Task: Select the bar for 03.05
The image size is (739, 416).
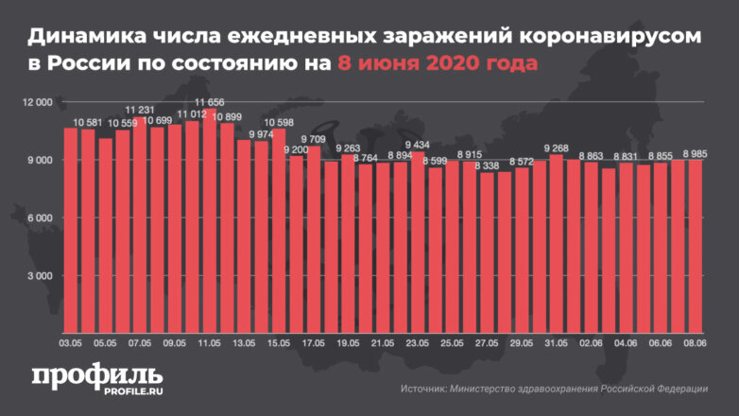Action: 70,227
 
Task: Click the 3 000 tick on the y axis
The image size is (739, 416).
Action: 40,276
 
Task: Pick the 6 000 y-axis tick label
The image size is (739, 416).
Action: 40,217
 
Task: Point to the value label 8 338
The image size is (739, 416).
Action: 488,165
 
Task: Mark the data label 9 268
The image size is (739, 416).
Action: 557,148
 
